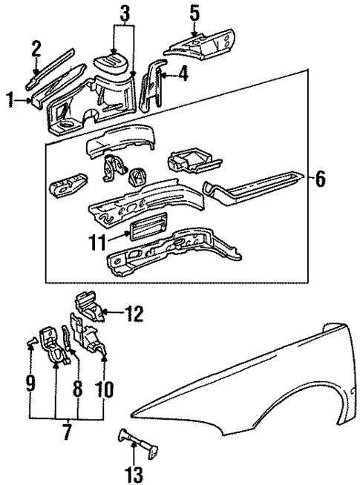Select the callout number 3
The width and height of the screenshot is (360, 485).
point(124,13)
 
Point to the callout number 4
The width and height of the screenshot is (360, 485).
point(183,73)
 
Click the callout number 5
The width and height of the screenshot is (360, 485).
point(194,13)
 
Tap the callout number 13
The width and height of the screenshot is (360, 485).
point(136,471)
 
